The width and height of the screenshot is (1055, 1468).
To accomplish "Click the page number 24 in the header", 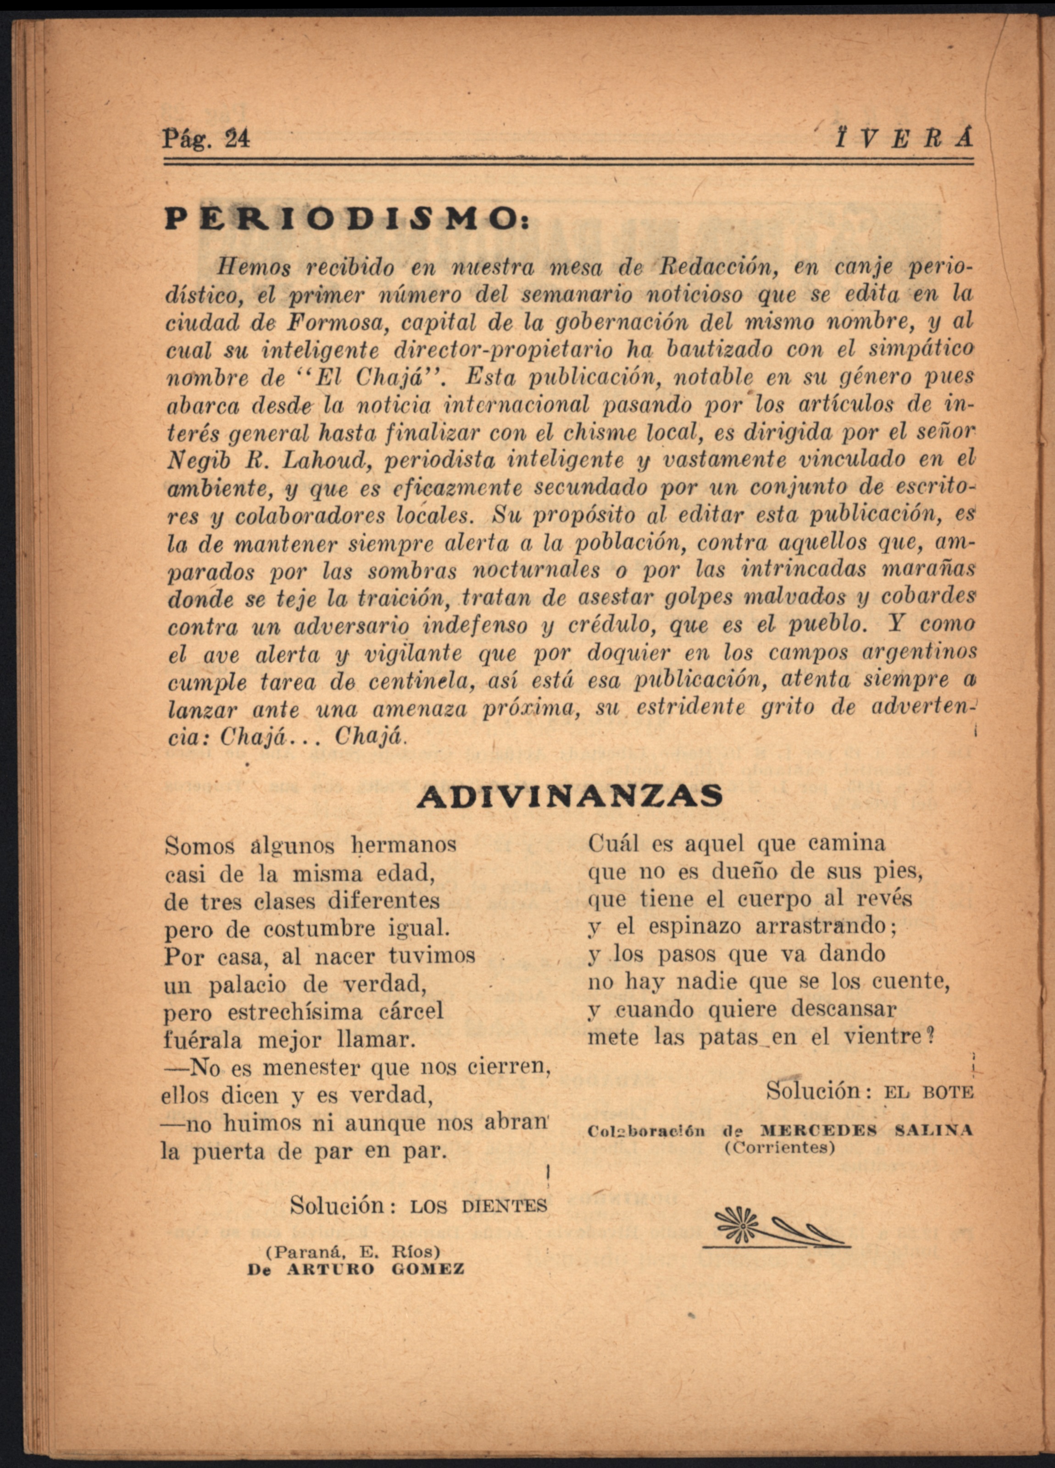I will pos(236,139).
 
